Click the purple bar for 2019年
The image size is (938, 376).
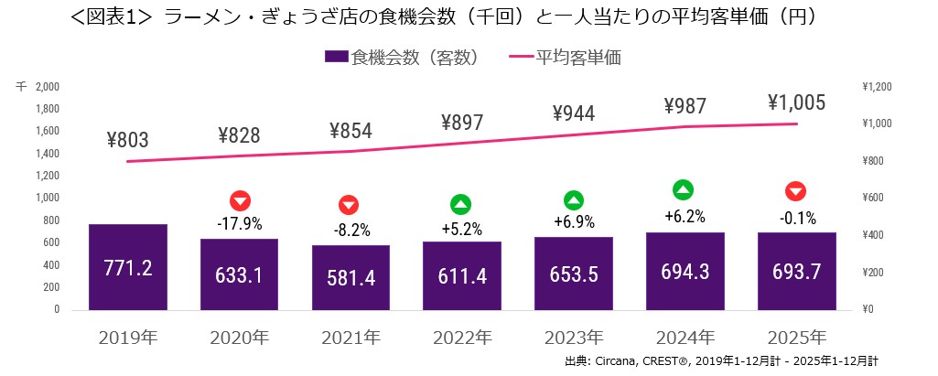[128, 266]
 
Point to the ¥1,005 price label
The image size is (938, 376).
[796, 102]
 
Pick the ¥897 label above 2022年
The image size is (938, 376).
[462, 123]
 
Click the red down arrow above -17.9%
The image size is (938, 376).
[240, 200]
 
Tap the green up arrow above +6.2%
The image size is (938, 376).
[683, 190]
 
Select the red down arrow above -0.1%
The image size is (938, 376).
[796, 191]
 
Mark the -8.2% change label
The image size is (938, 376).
[350, 230]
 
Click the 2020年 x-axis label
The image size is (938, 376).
[240, 336]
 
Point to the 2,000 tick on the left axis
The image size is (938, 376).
[47, 87]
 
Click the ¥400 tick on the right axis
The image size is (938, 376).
[873, 235]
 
